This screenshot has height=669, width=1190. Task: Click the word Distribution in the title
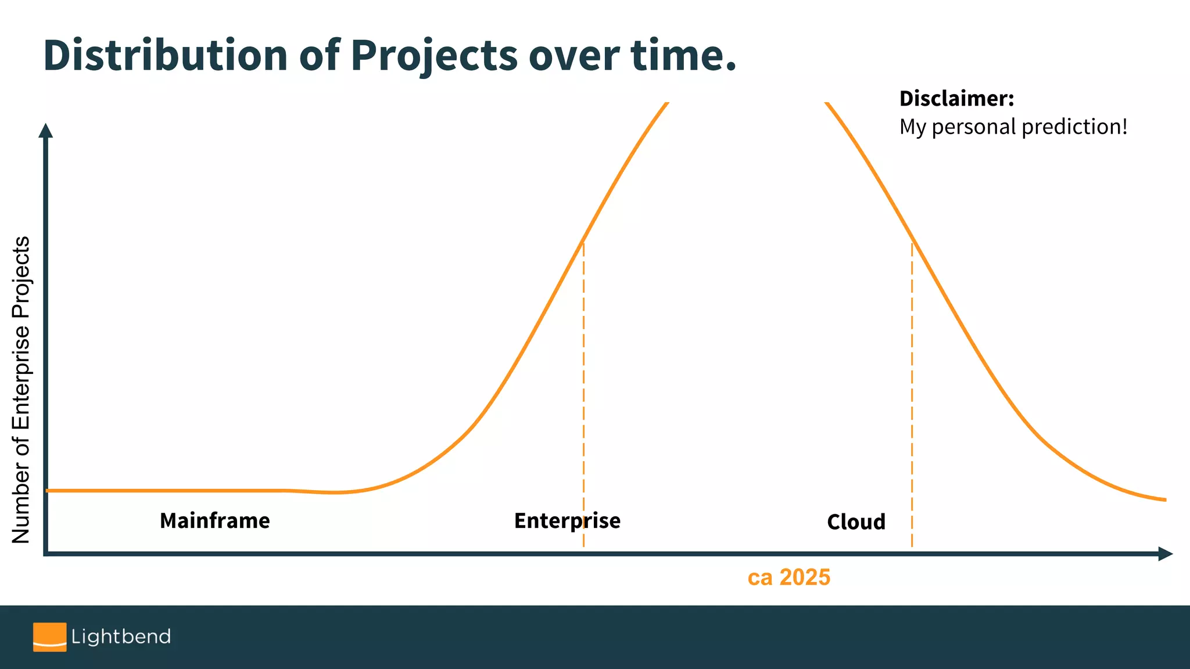[x=166, y=55]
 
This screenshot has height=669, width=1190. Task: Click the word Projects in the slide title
[x=433, y=55]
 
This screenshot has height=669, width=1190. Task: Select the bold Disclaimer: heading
[x=956, y=99]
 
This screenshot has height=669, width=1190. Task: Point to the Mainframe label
[x=214, y=521]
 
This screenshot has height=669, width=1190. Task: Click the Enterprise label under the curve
[x=567, y=521]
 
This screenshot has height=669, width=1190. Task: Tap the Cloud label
[x=856, y=522]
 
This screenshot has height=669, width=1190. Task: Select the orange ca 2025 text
[x=788, y=577]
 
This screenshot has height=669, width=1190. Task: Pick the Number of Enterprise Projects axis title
[x=21, y=389]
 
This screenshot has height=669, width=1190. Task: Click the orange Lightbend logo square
[x=49, y=637]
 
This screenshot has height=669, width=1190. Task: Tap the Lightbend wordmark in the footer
[x=121, y=637]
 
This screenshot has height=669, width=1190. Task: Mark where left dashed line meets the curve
[x=583, y=240]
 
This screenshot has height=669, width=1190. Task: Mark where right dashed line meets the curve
[x=912, y=240]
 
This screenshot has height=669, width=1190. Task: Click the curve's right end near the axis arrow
[x=1164, y=499]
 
